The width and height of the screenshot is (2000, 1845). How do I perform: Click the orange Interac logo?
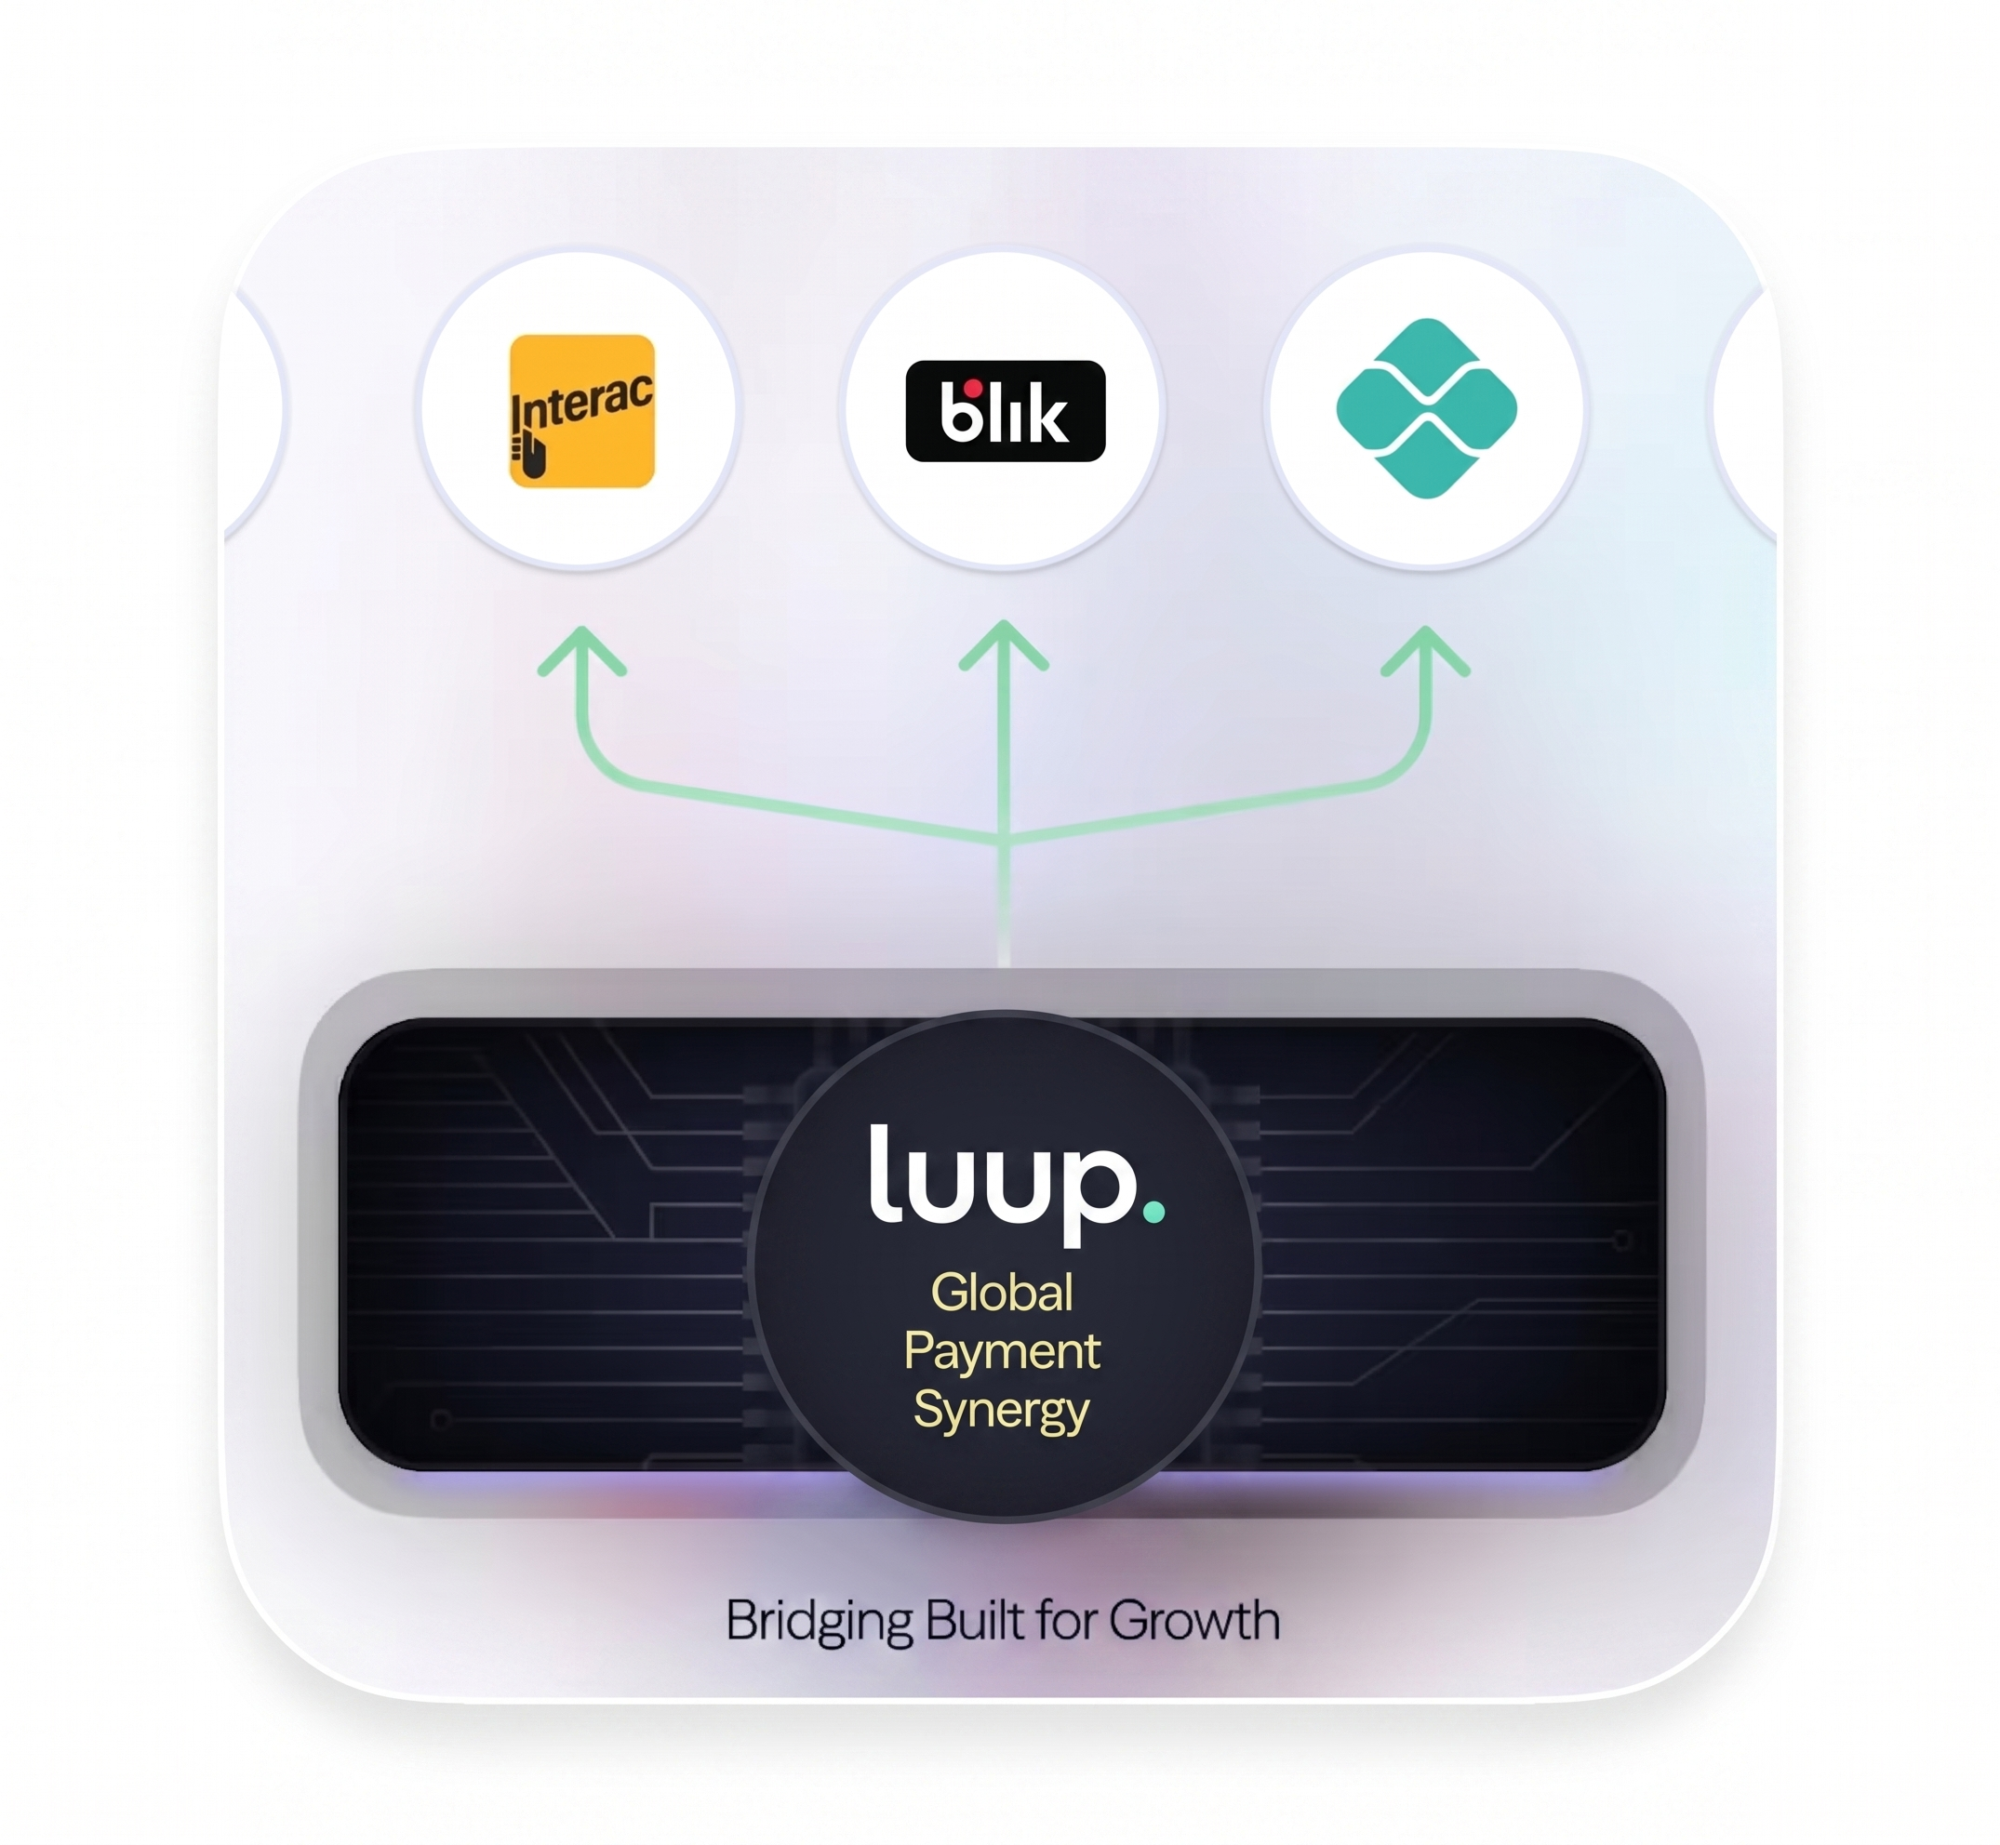tap(582, 410)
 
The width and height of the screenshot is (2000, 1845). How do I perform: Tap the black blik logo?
tap(1005, 410)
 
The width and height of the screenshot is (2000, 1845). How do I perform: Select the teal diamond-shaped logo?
tap(1427, 408)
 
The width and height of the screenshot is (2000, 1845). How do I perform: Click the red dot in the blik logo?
tap(972, 389)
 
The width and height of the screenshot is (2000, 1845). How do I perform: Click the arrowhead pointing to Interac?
tap(582, 651)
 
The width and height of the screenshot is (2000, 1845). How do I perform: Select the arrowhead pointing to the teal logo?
tap(1426, 651)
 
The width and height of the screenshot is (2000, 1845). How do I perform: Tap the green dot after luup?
tap(1153, 1212)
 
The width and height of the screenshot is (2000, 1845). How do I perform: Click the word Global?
tap(1003, 1292)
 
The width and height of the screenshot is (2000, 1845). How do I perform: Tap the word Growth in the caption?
tap(1194, 1619)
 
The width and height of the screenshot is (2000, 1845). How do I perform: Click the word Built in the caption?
tap(975, 1619)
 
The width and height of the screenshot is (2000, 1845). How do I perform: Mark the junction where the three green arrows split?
tap(1004, 839)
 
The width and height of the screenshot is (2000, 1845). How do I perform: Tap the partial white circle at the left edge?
tap(256, 410)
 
